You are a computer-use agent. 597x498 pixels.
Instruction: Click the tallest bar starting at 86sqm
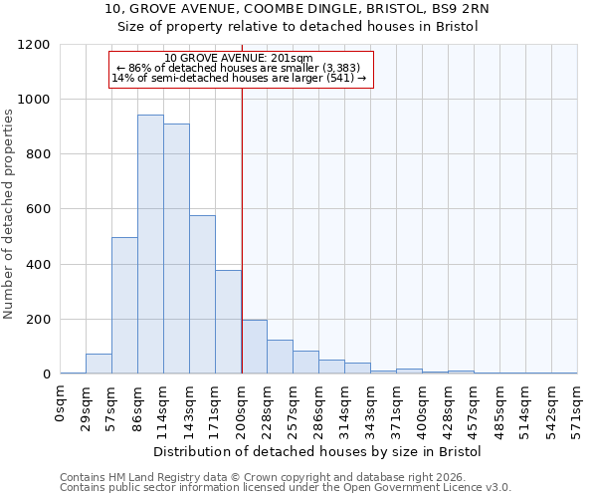150,245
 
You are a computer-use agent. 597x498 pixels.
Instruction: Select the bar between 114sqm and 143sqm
176,249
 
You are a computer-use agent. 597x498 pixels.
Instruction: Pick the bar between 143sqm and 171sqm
202,295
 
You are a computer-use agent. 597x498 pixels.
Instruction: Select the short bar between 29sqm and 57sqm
99,364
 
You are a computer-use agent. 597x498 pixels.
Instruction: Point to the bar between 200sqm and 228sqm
254,347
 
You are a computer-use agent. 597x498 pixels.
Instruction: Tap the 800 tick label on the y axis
39,154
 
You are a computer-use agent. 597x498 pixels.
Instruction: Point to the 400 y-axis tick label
39,265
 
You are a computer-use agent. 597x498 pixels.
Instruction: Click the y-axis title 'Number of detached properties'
10,214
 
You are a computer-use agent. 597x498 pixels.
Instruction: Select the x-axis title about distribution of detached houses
317,451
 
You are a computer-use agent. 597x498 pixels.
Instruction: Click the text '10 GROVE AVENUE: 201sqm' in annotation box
239,58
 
